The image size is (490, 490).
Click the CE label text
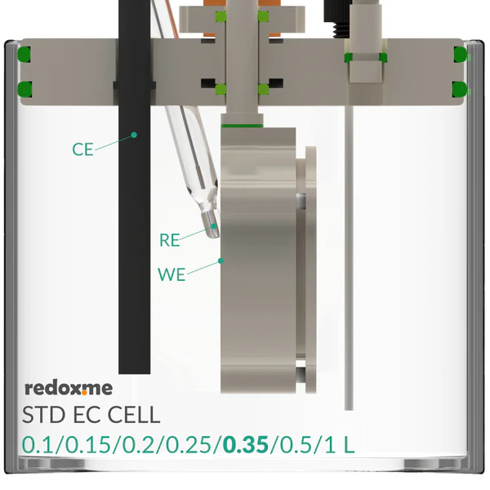82,149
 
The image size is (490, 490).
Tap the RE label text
170,240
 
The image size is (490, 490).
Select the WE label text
171,274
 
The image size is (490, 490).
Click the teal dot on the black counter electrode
134,135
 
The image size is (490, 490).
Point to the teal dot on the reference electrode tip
214,225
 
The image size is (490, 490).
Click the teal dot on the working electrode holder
221,261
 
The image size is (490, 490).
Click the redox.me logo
69,388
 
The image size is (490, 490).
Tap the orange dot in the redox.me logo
84,393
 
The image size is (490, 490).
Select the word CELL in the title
134,415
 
